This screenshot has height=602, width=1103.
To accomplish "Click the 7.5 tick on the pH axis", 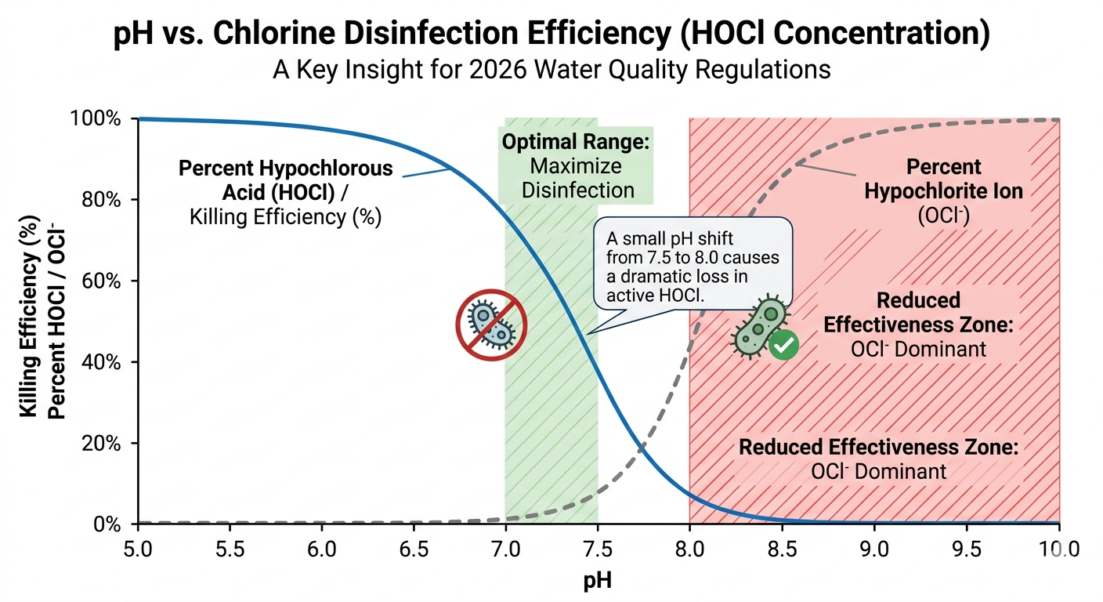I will click(598, 544).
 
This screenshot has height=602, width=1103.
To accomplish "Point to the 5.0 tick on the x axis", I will click(139, 544).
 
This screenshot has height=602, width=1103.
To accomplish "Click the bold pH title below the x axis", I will click(598, 581).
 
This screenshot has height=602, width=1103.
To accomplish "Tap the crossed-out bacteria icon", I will click(491, 324).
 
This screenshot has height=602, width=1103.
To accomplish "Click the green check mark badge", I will click(783, 345).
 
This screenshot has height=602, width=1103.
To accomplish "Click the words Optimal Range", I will click(576, 143).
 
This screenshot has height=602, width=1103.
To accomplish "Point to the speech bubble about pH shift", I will click(693, 262).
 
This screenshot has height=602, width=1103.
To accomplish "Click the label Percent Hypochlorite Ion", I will click(943, 180).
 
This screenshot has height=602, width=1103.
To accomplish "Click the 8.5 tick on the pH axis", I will click(782, 544).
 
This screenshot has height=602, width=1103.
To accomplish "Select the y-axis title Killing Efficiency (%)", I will click(30, 321).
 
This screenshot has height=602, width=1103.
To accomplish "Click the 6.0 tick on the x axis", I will click(322, 544).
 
